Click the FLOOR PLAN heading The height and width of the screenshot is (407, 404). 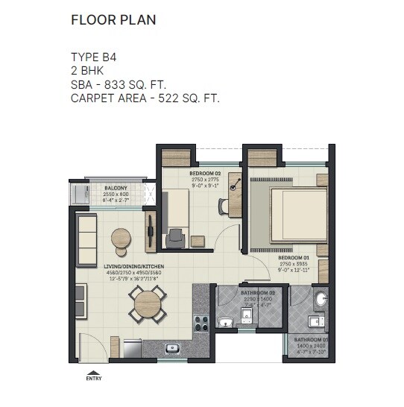point(113,19)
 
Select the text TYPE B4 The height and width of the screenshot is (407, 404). point(94,57)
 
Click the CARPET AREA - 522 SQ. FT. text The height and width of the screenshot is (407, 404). point(145,97)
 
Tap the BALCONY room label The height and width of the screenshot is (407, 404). point(114,188)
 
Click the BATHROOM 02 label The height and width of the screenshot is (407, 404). point(258,293)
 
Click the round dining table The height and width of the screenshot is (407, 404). point(147,303)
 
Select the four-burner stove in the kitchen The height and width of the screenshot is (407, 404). point(201,323)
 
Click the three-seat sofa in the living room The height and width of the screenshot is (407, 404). point(87,239)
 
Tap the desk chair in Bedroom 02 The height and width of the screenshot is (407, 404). point(176,236)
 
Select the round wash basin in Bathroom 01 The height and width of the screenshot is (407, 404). point(321,299)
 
